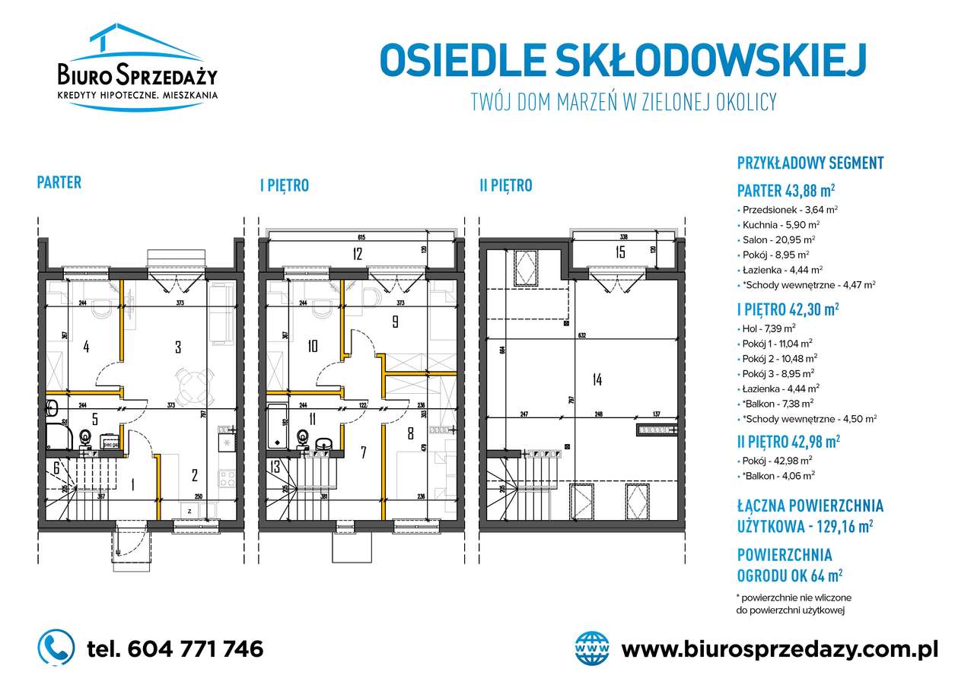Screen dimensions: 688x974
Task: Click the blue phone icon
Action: (56, 648)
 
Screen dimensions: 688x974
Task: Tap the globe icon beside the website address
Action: (593, 648)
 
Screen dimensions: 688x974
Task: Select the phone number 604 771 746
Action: (176, 648)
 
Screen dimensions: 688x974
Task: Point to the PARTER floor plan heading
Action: (59, 182)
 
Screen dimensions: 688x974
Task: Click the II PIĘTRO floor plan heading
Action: (505, 185)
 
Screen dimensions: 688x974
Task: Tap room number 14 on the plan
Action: (596, 380)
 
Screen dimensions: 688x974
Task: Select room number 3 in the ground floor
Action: (178, 347)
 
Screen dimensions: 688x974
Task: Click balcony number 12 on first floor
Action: (357, 254)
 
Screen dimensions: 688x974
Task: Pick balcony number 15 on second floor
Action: (619, 252)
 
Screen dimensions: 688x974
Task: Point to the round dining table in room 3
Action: (190, 384)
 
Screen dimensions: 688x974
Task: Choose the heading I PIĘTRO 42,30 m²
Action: (788, 309)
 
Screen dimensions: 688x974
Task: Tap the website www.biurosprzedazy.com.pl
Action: (779, 648)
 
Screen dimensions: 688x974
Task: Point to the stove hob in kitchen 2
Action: (227, 479)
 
